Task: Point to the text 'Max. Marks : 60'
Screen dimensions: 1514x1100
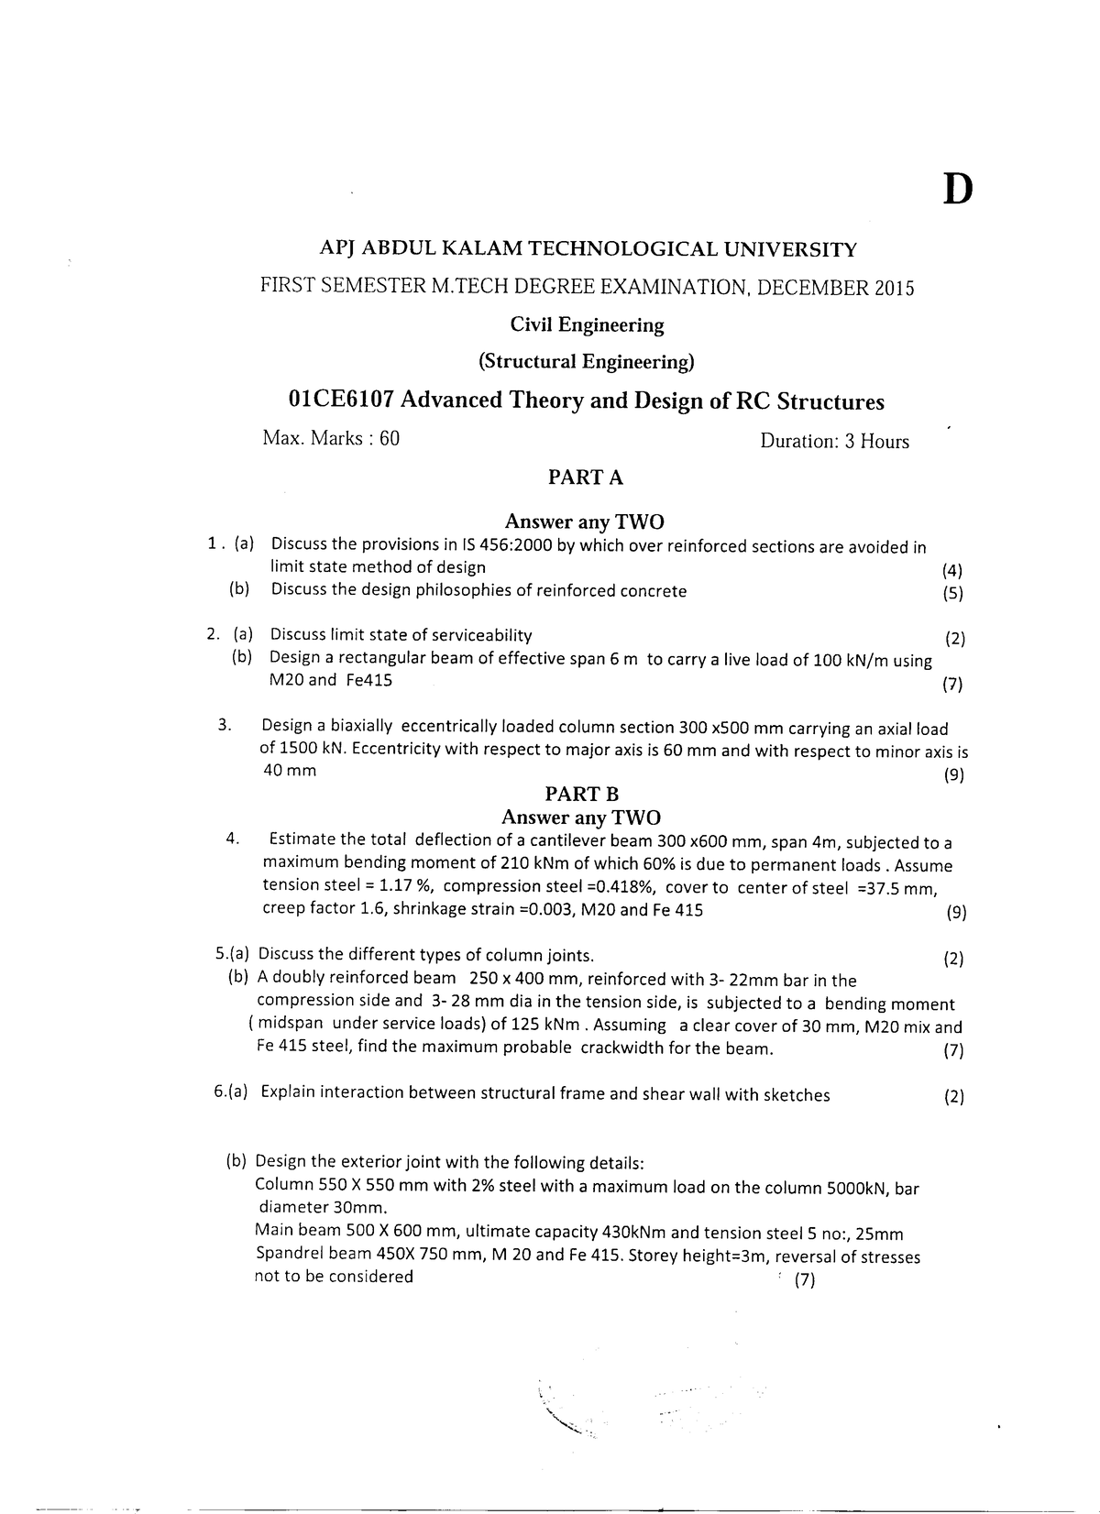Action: click(x=331, y=438)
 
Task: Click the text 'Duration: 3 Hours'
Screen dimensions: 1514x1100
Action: click(x=834, y=441)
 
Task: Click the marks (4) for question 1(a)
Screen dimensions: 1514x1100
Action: click(x=952, y=570)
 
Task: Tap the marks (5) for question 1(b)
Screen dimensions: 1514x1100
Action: click(x=952, y=593)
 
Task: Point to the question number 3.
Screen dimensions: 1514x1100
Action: click(x=224, y=726)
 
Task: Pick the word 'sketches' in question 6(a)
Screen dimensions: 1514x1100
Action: click(x=795, y=1094)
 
